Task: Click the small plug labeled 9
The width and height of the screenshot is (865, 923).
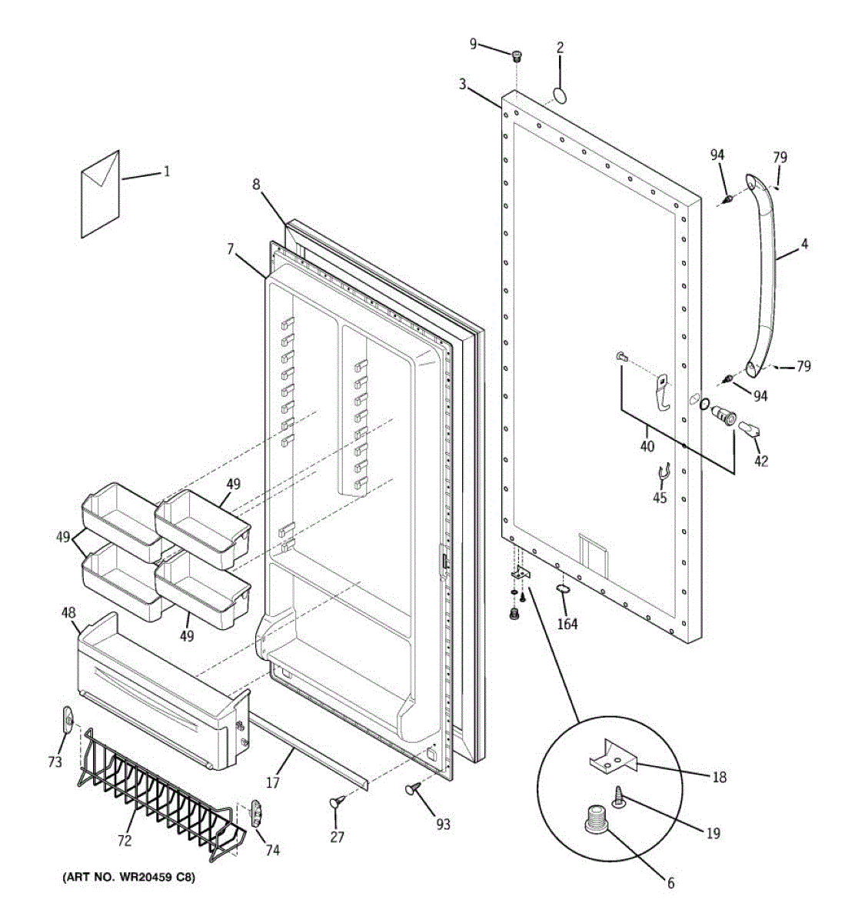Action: [517, 55]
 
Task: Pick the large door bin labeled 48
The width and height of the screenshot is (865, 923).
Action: [161, 692]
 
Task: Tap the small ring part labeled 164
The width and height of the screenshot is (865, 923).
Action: [564, 590]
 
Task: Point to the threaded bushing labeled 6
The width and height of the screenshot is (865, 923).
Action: [594, 817]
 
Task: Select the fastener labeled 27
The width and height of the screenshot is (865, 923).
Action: [337, 802]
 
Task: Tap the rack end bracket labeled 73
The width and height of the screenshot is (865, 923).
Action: [68, 721]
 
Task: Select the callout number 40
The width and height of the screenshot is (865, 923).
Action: [647, 446]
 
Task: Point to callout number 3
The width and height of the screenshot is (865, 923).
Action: [462, 84]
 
